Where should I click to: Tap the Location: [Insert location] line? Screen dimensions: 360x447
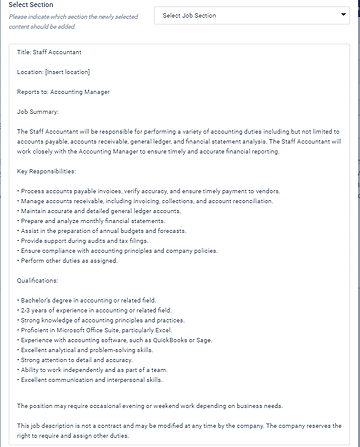(x=58, y=71)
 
